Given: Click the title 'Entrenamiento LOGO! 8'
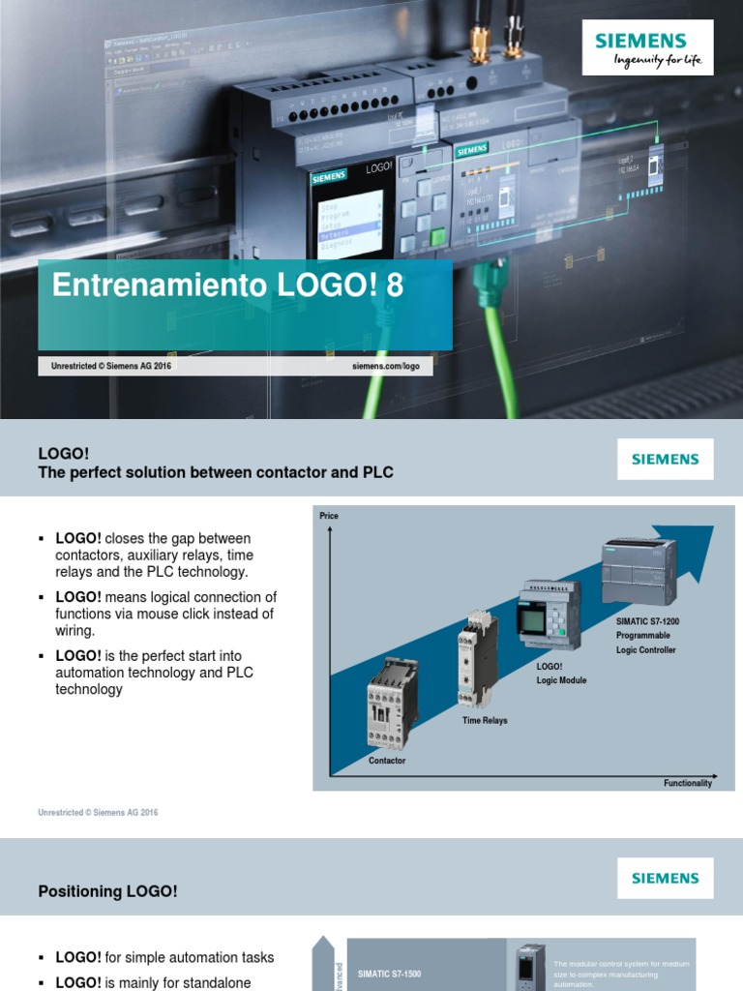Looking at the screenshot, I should (x=226, y=285).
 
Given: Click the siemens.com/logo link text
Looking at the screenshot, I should (x=386, y=367).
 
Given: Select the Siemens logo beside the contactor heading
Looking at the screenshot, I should (x=665, y=460).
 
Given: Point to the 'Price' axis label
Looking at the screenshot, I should (x=329, y=516).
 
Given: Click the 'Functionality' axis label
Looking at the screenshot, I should (x=687, y=783).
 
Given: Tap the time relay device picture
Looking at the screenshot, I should (x=477, y=659).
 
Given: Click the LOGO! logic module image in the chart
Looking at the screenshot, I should (x=549, y=616).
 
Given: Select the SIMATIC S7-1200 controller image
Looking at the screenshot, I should (x=639, y=571).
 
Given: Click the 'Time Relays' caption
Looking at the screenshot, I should (x=485, y=720).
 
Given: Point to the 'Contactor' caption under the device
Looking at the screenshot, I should (x=387, y=761).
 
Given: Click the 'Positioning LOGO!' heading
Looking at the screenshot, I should (x=107, y=891).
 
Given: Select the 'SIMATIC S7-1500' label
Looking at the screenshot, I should (x=390, y=973).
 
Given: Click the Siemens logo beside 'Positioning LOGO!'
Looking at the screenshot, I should (x=665, y=879).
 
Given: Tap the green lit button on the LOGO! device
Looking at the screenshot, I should (x=437, y=236).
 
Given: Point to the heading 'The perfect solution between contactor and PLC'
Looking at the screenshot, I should (x=216, y=472).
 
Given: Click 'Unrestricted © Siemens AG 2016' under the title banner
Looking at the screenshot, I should (x=110, y=367).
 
